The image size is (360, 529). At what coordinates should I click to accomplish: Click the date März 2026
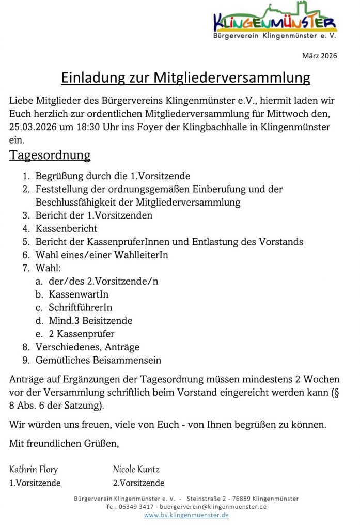pos(319,56)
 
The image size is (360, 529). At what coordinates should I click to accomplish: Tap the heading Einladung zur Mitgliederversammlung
pos(185,77)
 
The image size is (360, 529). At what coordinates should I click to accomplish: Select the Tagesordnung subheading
pos(50,155)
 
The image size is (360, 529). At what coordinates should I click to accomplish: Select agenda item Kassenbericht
pos(66,228)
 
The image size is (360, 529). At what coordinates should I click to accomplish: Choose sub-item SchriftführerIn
pos(81,308)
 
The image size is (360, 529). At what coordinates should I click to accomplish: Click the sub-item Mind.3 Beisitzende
pos(90,321)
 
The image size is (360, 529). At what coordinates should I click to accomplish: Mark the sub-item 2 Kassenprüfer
pos(82,334)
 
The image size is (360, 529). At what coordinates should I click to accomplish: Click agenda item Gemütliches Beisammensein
pos(98,360)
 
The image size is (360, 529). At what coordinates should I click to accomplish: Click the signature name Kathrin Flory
pos(34,470)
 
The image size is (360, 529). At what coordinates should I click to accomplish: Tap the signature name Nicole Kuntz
pos(136,470)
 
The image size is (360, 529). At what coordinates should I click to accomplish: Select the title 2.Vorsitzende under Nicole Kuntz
pos(138,483)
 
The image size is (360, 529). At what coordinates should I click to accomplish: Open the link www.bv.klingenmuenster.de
pos(186,515)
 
